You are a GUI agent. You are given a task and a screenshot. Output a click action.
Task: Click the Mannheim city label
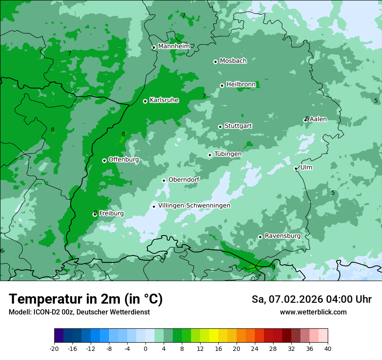[x=174, y=46]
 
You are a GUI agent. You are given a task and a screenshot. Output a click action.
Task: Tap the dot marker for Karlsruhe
[x=145, y=101]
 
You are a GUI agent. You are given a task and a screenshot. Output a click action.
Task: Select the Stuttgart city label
[x=238, y=126]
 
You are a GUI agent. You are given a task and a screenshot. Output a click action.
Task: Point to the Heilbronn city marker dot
[x=222, y=85]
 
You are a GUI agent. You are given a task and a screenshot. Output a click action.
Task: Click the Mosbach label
[x=233, y=61]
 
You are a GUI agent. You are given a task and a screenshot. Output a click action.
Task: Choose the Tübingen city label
[x=228, y=154]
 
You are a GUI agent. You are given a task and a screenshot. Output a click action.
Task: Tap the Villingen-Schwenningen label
[x=194, y=206]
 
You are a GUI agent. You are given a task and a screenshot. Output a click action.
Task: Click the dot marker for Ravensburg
[x=260, y=237]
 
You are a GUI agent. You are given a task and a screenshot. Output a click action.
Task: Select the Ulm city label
[x=306, y=167]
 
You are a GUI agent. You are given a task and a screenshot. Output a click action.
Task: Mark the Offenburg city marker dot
[x=104, y=160]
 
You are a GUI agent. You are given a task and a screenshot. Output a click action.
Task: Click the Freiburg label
[x=111, y=213]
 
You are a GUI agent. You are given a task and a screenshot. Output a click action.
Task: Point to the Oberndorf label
[x=184, y=180]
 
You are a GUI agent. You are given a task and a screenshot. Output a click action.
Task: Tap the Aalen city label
[x=318, y=119]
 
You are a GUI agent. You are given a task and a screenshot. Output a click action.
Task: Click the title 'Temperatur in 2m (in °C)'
[x=86, y=299]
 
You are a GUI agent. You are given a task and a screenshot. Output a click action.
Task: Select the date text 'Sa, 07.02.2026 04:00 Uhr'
[x=311, y=299]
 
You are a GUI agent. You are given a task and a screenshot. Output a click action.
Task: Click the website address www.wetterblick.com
[x=313, y=312]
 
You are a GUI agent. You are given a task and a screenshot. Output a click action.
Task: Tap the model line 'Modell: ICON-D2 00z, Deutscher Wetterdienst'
[x=79, y=312]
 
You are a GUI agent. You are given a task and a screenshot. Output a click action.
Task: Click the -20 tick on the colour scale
[x=54, y=349]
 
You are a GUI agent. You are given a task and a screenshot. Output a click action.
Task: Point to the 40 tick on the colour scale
[x=327, y=349]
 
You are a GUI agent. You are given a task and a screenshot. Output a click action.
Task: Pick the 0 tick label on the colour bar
[x=145, y=349]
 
